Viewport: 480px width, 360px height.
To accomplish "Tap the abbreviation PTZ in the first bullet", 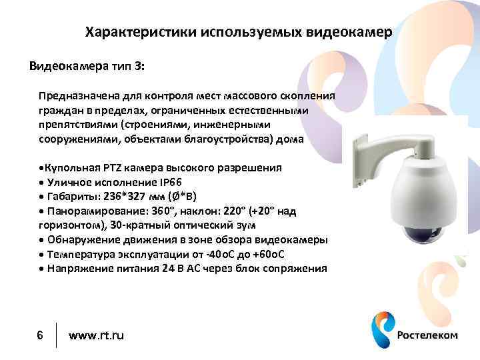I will click(113, 167).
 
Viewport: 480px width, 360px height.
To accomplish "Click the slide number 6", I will click(40, 334).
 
